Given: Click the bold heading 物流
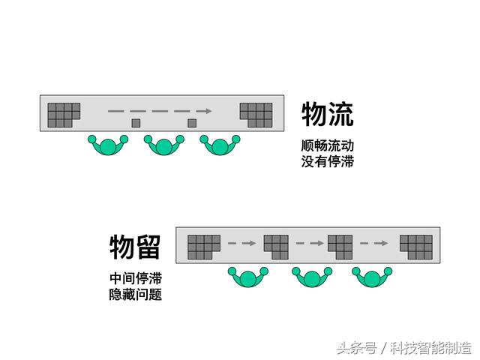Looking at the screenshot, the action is [x=328, y=114].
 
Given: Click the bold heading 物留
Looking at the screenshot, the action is [x=135, y=247].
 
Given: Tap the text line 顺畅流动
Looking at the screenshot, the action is [x=327, y=145].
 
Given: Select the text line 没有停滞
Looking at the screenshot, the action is [x=327, y=161].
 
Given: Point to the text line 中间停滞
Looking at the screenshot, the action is [x=136, y=278].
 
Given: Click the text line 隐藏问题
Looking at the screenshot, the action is [x=136, y=295].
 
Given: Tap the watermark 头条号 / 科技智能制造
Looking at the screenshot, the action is [x=404, y=348].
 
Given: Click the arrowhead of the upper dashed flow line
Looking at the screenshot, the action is [x=208, y=111].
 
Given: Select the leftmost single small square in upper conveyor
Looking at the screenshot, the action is [x=136, y=123].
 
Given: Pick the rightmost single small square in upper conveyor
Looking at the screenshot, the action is [x=192, y=123].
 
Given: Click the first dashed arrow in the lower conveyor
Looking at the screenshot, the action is [x=241, y=243].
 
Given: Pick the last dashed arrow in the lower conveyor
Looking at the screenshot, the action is [x=373, y=243].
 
